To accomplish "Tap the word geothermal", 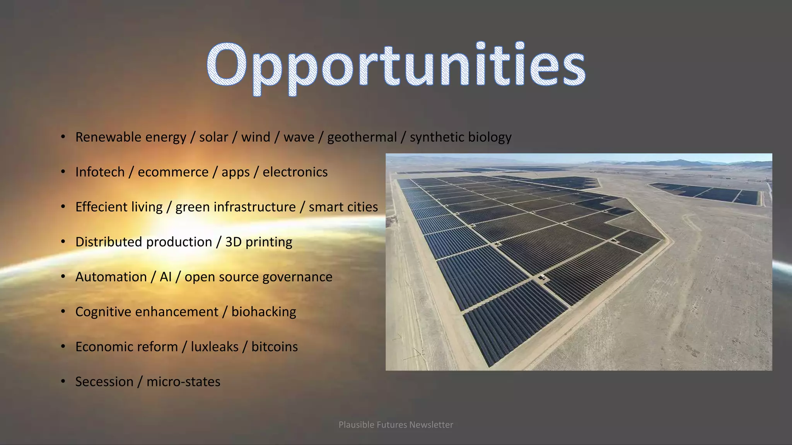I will (362, 137).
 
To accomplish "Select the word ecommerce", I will (173, 172).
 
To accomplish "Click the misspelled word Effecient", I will (100, 207).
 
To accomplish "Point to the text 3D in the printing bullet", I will (233, 242).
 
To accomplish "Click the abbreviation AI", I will (166, 277).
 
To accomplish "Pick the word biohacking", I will (264, 312).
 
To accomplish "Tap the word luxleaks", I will (215, 347).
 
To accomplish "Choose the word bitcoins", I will (275, 347).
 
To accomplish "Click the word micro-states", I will (183, 382).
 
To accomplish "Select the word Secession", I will (104, 382).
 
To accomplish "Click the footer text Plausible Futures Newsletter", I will (396, 425).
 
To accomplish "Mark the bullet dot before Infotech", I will (63, 172).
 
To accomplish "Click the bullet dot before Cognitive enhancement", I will (63, 311).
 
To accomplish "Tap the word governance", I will (298, 277).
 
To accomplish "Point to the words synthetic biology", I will (461, 137).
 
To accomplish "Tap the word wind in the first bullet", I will (256, 137).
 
